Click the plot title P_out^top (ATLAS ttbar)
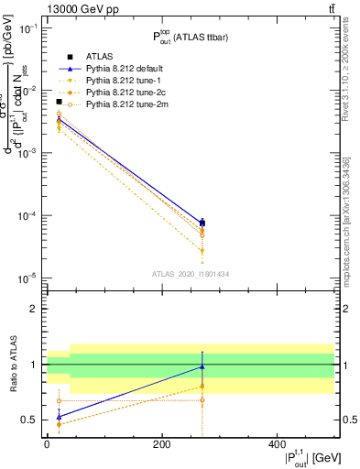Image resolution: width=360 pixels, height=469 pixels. pos(191,37)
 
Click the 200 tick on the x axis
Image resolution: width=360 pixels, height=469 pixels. pos(162,444)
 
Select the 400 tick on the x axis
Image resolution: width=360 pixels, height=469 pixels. pos(277,444)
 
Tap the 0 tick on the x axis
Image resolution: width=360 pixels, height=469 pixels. pos(48,444)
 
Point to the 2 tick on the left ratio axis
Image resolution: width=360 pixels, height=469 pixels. pos(35,310)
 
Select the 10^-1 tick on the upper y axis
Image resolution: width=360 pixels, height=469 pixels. pos(28,28)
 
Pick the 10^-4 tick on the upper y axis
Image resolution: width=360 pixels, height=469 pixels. pos(28,216)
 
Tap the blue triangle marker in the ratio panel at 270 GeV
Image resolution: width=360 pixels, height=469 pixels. pos(202,367)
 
